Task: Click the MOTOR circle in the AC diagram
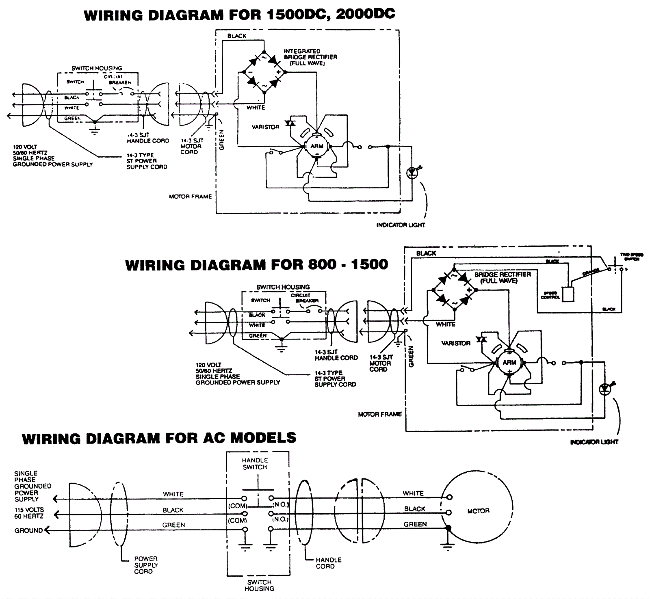[x=478, y=511]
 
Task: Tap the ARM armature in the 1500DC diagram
[x=317, y=146]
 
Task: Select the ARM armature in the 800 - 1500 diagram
[x=509, y=363]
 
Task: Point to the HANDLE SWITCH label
[x=255, y=464]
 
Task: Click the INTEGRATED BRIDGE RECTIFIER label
[x=310, y=57]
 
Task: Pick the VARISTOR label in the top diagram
[x=265, y=127]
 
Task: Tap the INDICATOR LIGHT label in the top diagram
[x=401, y=225]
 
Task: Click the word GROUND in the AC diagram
[x=28, y=531]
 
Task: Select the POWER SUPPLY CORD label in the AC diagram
[x=146, y=565]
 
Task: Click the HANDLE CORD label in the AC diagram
[x=328, y=563]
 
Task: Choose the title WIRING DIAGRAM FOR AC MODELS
[x=159, y=438]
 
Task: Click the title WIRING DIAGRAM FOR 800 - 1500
[x=256, y=265]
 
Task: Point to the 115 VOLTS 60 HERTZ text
[x=29, y=513]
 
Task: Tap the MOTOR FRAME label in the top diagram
[x=190, y=197]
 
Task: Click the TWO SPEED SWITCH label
[x=631, y=257]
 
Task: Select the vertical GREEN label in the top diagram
[x=222, y=140]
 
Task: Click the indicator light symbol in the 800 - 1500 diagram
[x=605, y=389]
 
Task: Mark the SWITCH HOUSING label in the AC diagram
[x=259, y=585]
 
